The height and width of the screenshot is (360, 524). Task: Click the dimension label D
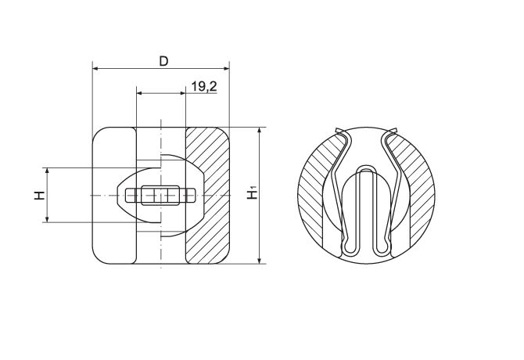(x=163, y=61)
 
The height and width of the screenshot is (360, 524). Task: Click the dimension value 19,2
(x=204, y=87)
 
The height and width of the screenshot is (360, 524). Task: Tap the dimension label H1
(x=253, y=194)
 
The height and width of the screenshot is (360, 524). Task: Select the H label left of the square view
(x=39, y=195)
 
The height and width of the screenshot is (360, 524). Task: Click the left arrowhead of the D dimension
(x=95, y=69)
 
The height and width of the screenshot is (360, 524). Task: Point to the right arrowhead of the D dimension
(x=227, y=69)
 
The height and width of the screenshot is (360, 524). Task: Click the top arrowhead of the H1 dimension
(x=260, y=130)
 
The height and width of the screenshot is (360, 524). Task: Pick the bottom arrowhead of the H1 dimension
(x=260, y=261)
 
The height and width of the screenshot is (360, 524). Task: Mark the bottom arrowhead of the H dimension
(x=47, y=219)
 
